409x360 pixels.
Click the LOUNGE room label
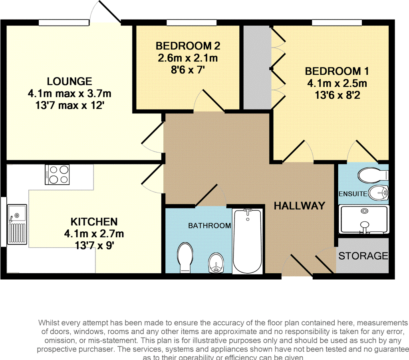pos(69,82)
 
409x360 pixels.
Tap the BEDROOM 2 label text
pos(188,46)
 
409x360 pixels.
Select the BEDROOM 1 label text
pos(337,72)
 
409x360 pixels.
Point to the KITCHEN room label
pos(94,221)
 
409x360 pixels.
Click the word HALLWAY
pos(299,206)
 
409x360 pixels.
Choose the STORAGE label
pos(363,256)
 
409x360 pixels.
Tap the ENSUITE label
pos(353,194)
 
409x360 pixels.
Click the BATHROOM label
pos(209,226)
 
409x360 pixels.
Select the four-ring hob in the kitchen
pos(58,175)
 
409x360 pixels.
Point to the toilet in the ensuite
pos(372,175)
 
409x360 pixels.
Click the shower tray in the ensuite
pos(363,219)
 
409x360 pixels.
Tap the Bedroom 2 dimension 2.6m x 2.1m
pos(188,58)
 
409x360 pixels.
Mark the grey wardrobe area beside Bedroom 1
pos(257,67)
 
